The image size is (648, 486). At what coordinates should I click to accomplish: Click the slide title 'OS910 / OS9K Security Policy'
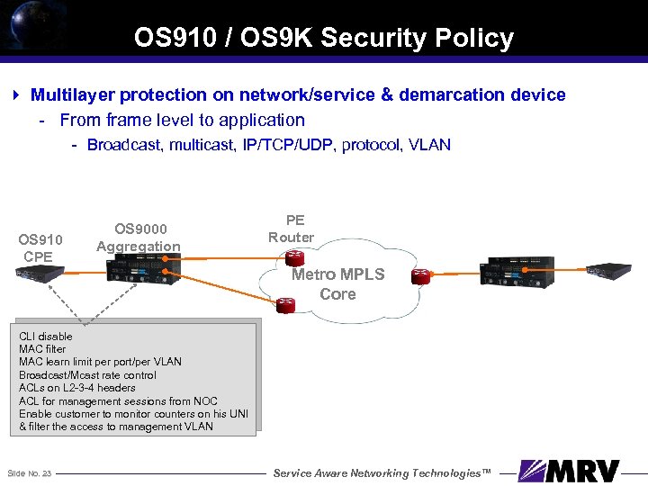click(324, 38)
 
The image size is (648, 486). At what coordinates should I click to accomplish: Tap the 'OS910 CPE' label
click(40, 247)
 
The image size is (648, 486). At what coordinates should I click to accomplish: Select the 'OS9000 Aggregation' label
click(139, 238)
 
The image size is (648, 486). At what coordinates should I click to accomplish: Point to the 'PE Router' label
click(292, 229)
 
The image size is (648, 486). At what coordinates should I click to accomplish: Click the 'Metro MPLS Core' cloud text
click(337, 283)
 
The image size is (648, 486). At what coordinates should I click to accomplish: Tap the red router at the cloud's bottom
click(286, 306)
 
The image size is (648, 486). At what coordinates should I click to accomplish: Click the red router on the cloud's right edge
click(420, 276)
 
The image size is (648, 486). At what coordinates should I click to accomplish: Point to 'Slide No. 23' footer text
click(29, 473)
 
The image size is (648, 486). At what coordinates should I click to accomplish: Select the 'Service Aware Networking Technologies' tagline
click(382, 473)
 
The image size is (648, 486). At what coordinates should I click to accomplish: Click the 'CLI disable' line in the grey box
click(45, 336)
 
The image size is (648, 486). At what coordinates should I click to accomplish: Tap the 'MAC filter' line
click(42, 348)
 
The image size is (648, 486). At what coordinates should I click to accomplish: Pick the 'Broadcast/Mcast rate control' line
click(87, 374)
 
